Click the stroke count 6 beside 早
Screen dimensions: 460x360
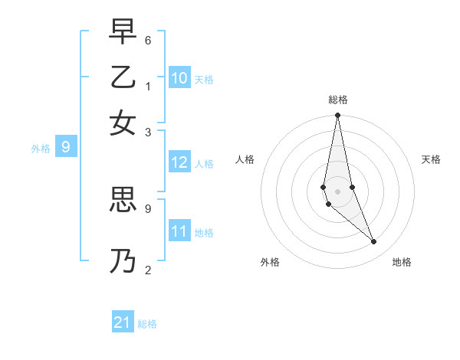point(148,40)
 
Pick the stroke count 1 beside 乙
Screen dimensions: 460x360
point(148,85)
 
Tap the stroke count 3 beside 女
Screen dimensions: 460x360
point(148,131)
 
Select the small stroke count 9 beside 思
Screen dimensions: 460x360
point(148,208)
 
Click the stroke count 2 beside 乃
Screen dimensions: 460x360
point(148,270)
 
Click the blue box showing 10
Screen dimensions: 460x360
point(179,78)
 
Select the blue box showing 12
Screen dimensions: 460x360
point(179,162)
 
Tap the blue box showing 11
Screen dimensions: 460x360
point(179,231)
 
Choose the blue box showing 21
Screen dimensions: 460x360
point(123,322)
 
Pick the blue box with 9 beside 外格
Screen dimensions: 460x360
point(65,147)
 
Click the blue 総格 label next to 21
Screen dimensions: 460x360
point(147,324)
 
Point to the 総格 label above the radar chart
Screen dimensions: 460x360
point(337,100)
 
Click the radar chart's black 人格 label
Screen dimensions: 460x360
point(245,159)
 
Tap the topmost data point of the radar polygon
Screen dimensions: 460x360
point(337,116)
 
